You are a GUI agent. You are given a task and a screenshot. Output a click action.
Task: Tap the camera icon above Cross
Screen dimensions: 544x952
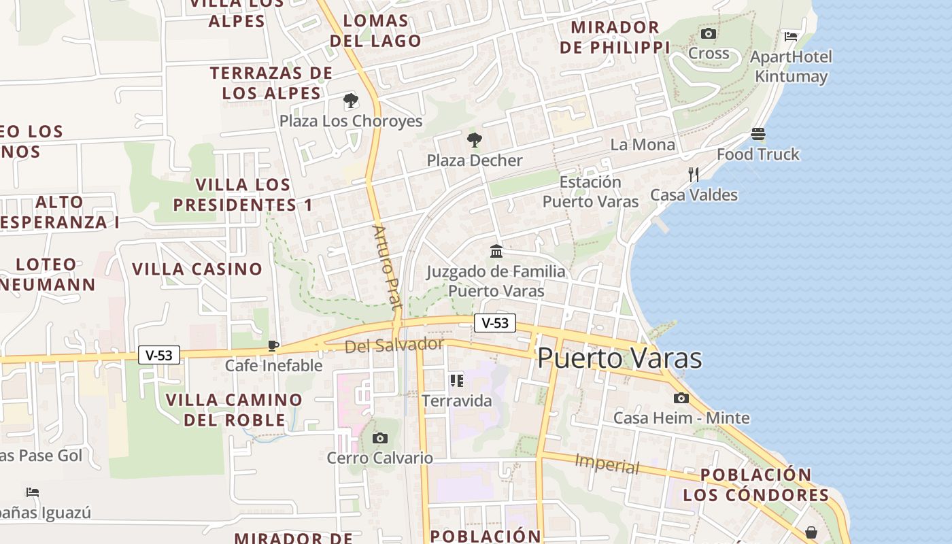709,33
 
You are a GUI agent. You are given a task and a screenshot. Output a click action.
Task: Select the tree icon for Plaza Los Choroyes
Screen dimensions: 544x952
351,101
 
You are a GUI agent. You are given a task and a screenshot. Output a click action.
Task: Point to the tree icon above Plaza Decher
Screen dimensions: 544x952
475,141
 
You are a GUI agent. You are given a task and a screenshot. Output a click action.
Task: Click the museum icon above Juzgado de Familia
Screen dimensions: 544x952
496,252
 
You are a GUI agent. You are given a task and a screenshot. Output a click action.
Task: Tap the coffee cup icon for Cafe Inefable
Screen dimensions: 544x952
273,346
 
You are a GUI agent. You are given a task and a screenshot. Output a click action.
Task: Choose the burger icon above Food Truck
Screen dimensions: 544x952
758,134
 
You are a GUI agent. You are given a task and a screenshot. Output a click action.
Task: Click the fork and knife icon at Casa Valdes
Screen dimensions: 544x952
694,175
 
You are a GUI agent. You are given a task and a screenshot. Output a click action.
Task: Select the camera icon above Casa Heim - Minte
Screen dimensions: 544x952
681,398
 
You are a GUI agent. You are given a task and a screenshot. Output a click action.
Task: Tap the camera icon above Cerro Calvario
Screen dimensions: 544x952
380,438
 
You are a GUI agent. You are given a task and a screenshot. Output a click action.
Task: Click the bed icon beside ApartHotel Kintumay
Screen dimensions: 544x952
791,36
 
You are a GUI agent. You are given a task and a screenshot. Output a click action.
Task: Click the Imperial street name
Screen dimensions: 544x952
607,464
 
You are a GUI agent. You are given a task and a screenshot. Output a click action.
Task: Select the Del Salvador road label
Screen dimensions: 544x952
394,345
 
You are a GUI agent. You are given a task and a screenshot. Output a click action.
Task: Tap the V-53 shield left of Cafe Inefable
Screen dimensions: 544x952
159,355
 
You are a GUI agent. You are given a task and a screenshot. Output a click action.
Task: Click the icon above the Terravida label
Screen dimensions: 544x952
456,381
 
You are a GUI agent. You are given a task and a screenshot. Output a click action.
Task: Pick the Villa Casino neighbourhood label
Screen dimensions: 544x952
197,269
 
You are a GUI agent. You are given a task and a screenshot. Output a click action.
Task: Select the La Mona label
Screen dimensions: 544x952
643,145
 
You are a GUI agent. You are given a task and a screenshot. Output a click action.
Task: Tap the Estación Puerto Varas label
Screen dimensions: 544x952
590,192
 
